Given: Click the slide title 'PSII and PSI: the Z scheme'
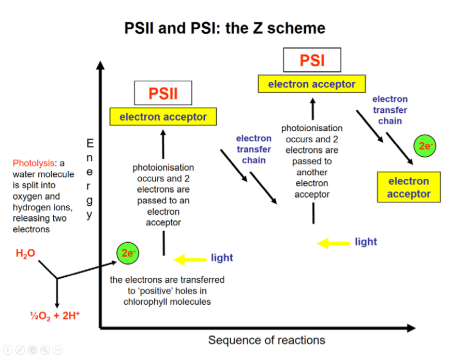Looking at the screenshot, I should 225,27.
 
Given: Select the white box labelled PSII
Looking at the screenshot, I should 163,93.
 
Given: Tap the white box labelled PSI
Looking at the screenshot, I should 312,60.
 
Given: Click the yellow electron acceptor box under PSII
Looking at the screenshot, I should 163,117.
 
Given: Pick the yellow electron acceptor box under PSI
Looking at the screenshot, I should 312,84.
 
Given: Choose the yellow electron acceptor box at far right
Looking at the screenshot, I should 409,187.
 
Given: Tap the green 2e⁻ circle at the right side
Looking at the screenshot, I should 425,146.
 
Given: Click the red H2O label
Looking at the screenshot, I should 26,253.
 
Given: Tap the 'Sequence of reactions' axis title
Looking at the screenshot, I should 266,340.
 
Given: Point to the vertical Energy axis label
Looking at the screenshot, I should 90,178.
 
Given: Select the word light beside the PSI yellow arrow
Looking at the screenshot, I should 366,242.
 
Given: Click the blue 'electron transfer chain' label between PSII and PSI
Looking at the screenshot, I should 253,149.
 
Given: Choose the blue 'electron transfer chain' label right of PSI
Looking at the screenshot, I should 390,110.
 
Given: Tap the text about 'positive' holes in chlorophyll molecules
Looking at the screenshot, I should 167,291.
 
